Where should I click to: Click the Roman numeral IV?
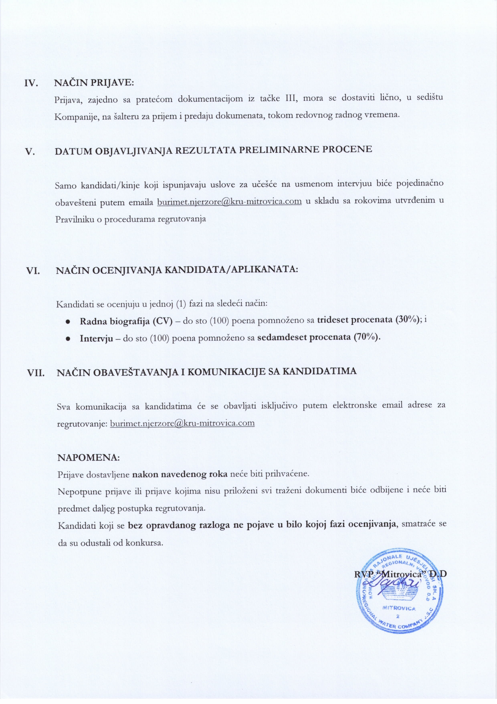[31, 83]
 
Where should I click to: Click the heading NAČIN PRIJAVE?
[94, 83]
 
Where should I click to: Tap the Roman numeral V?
[30, 152]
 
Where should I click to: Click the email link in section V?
[229, 201]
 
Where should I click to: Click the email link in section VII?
[182, 423]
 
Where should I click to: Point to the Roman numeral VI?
[33, 271]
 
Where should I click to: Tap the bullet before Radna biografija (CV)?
[68, 322]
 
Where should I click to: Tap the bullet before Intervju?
[68, 339]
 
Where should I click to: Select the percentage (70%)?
[366, 337]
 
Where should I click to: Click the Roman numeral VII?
[36, 373]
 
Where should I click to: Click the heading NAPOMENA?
[89, 457]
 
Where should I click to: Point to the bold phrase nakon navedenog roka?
[180, 474]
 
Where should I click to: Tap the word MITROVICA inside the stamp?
[399, 608]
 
